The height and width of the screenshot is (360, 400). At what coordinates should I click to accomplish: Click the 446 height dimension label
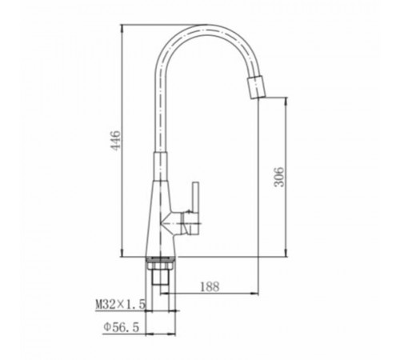[x=115, y=140]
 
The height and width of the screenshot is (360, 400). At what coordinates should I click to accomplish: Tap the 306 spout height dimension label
[x=279, y=177]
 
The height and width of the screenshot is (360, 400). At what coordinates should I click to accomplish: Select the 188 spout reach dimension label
[x=210, y=286]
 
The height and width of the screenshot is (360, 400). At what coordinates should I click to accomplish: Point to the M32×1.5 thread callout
[x=120, y=304]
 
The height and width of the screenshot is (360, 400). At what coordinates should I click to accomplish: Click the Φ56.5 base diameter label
[x=122, y=327]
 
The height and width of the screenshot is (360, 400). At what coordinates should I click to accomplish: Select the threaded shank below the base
[x=160, y=282]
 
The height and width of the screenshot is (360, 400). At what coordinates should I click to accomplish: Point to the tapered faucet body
[x=161, y=218]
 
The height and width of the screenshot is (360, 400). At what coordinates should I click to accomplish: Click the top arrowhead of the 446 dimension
[x=122, y=28]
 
